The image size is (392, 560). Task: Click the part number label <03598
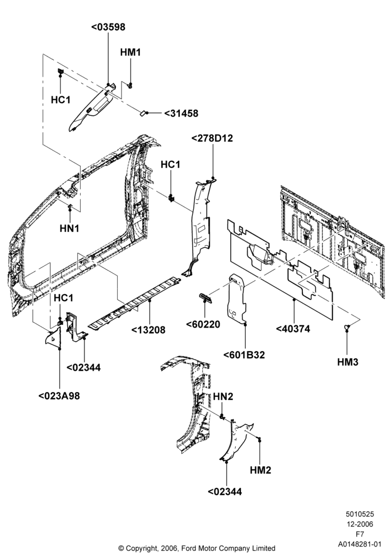pos(109,27)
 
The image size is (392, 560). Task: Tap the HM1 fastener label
pos(130,52)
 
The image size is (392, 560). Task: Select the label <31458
pos(181,113)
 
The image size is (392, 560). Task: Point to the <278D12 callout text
pos(212,138)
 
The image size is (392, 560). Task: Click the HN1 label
pos(69,228)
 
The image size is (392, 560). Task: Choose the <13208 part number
pos(148,330)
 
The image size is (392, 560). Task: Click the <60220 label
pos(203,324)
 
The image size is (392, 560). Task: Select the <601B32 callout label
pos(244,355)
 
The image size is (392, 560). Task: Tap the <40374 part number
pos(293,329)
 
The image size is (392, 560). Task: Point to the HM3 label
pos(348,362)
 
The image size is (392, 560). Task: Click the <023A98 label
pos(59,396)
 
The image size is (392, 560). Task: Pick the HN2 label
pos(223,396)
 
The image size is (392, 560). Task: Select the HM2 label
pos(260,470)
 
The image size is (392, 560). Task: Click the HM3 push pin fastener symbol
pos(347,326)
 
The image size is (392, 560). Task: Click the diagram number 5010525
pos(360,514)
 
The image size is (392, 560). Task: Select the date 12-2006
pos(360,524)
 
